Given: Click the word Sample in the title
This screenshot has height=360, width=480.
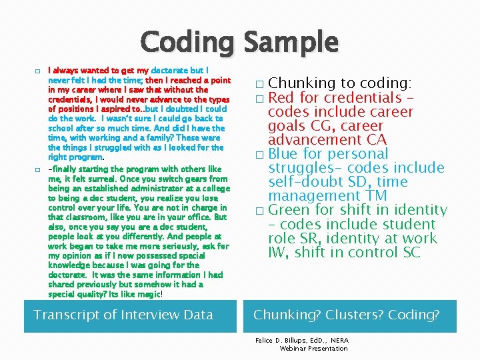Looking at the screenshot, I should [x=291, y=43].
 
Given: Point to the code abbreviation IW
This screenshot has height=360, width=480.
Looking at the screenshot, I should [x=278, y=252].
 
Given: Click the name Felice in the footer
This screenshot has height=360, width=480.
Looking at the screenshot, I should [x=267, y=340].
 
